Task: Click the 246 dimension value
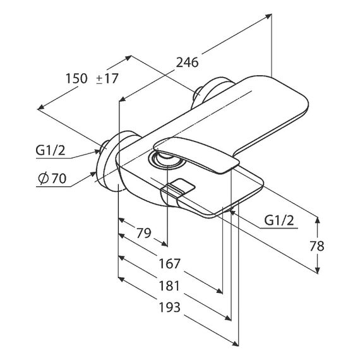187,63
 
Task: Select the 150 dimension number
76,78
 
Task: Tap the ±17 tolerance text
107,78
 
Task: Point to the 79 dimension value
144,233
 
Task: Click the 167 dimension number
170,263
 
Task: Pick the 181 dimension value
169,286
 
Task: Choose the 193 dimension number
170,307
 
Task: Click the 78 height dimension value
316,246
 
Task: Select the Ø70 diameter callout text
52,178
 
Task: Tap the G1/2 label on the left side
51,150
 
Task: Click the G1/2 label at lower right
279,220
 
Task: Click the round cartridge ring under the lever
167,160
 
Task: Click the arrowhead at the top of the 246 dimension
268,16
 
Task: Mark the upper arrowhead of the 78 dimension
317,220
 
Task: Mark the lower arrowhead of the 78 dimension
317,270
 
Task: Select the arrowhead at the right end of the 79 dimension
164,244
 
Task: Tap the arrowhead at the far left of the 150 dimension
40,107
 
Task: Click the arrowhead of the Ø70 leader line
93,174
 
